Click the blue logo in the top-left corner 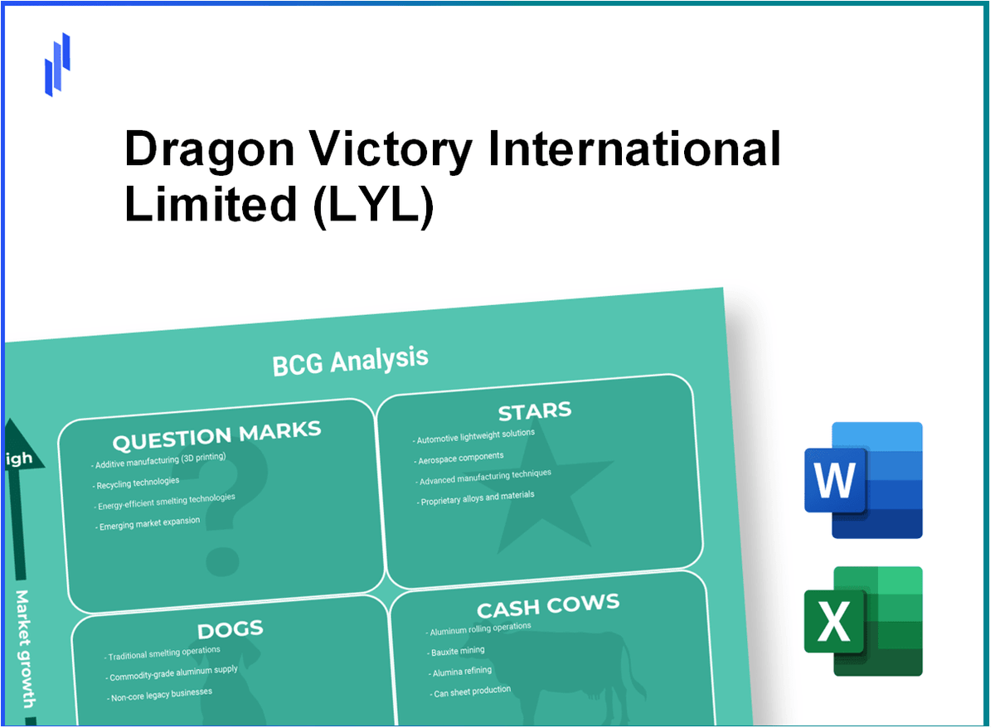57,65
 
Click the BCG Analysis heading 350,361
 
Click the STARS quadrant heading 534,411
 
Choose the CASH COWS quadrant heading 547,608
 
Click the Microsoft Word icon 863,480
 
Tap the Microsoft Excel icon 863,621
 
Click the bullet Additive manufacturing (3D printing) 160,461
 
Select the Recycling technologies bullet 137,482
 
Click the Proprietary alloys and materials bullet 477,497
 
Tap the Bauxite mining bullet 458,652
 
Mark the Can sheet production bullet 472,691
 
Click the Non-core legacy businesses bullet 162,694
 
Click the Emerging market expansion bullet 148,523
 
